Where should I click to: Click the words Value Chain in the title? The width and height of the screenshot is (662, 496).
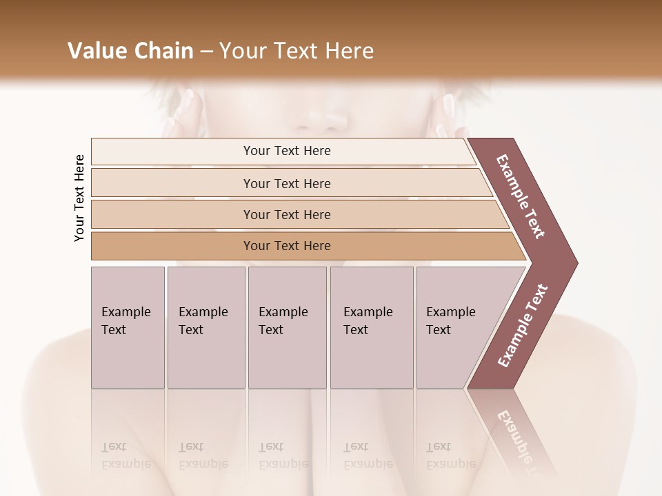[x=130, y=51]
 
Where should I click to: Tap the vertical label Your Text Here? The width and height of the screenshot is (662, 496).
[x=79, y=198]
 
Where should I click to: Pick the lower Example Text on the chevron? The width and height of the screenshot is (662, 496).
[x=523, y=326]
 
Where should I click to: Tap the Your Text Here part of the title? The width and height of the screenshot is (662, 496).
[x=297, y=51]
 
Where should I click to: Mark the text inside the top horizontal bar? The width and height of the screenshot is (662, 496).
[x=287, y=151]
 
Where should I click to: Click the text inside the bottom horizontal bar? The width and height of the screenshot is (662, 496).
[x=287, y=246]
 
